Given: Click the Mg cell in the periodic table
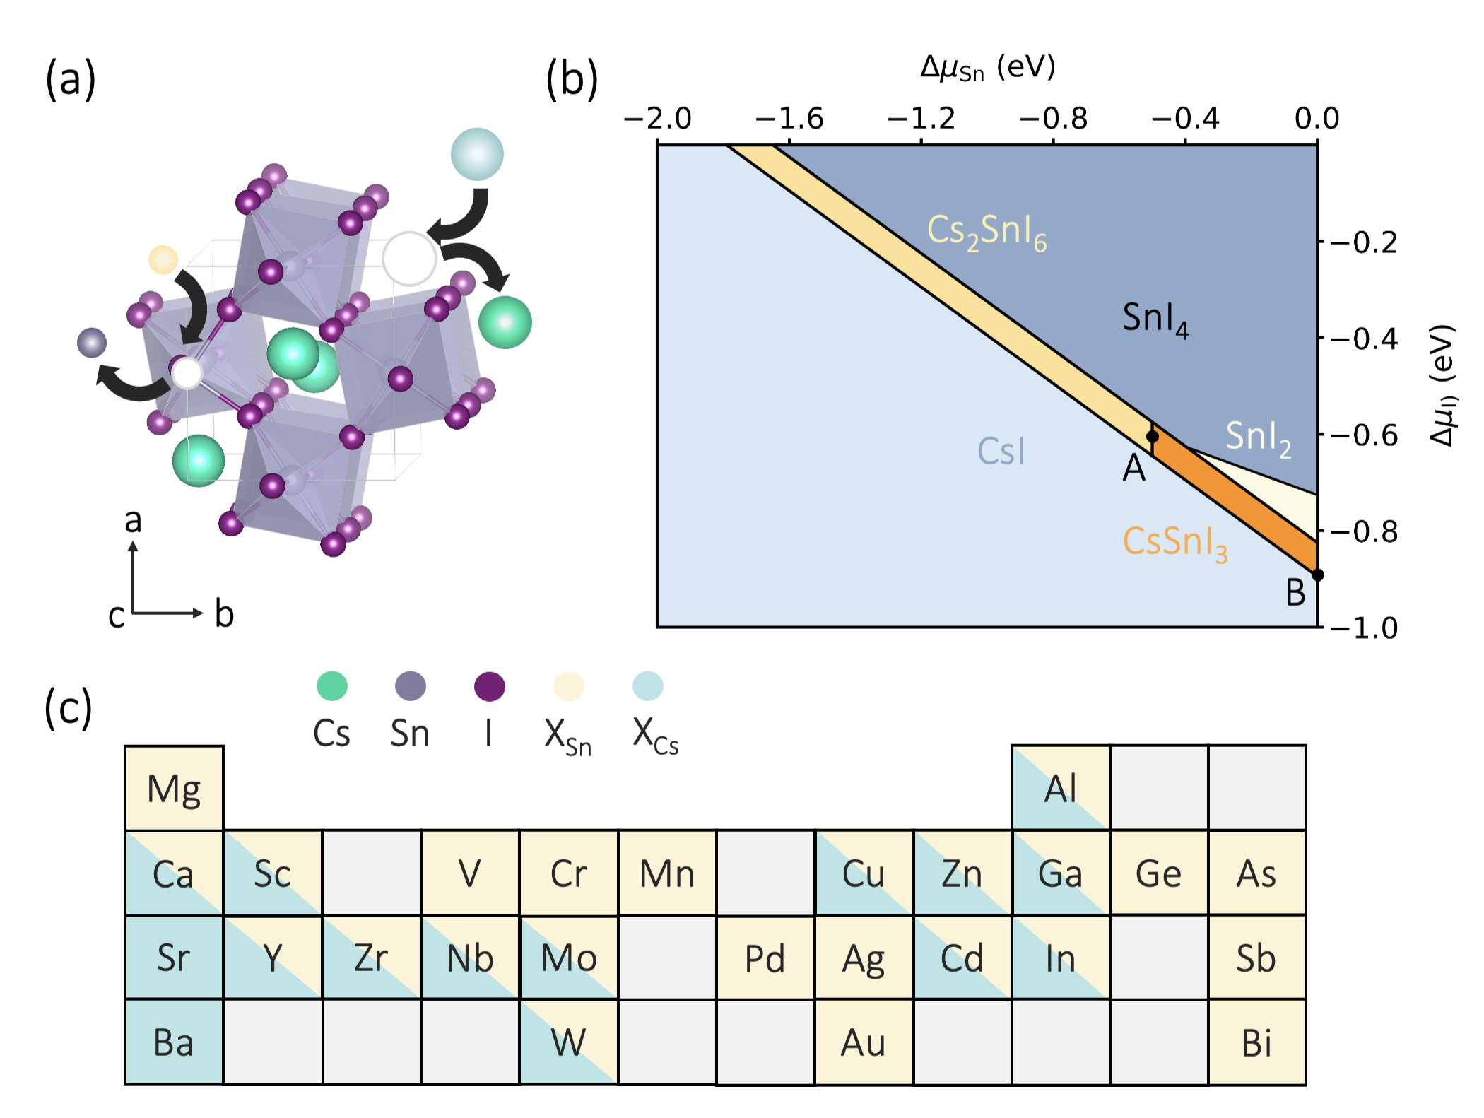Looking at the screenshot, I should (x=174, y=788).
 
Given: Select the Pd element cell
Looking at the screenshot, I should (x=765, y=958).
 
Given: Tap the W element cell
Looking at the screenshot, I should (x=568, y=1042).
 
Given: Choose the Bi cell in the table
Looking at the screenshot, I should (x=1256, y=1042).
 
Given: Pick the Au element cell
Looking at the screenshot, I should (x=863, y=1042).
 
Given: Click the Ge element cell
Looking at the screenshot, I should (x=1158, y=873).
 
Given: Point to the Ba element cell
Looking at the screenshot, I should (x=174, y=1042).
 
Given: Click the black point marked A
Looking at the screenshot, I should (x=1152, y=436).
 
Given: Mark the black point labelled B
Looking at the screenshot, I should (x=1317, y=575).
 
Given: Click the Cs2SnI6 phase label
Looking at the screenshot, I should (x=987, y=231).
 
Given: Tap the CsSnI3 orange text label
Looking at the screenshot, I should (x=1174, y=543).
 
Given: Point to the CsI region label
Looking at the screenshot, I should (x=1001, y=451).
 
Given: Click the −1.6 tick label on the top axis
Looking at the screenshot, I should (x=789, y=118).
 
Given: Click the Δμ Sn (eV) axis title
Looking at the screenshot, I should (x=987, y=69).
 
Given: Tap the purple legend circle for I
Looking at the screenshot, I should (x=489, y=685).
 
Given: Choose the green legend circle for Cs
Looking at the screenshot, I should (x=331, y=685).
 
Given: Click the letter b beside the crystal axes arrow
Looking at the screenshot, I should (x=224, y=613).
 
